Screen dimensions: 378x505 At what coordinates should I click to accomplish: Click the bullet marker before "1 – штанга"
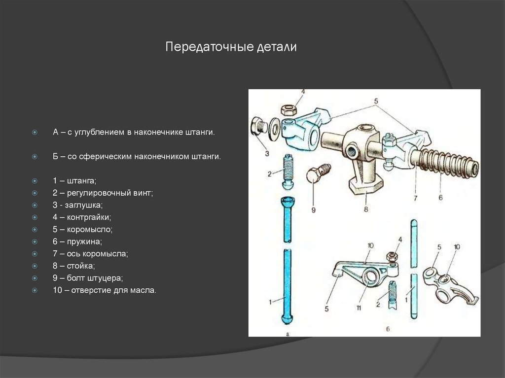[x=35, y=180]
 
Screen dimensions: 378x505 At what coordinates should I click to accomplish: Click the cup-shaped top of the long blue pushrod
[x=287, y=202]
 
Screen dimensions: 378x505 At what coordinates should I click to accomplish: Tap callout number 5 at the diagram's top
[x=375, y=102]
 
